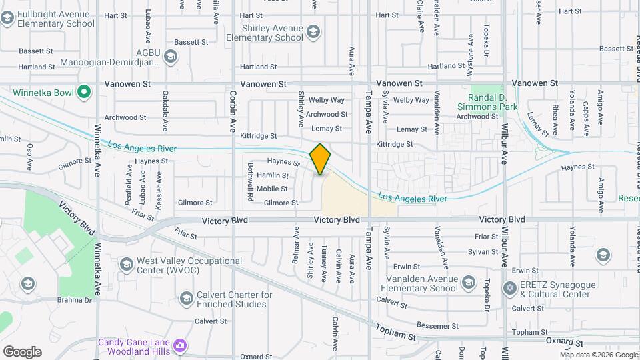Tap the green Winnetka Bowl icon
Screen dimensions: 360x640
pos(84,92)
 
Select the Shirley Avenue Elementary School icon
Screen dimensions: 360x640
pos(313,31)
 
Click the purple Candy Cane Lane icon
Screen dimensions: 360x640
pos(179,345)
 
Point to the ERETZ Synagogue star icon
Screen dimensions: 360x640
pos(511,289)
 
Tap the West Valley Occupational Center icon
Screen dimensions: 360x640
pos(126,265)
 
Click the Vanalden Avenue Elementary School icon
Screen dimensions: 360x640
pos(468,283)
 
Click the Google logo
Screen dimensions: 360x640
pos(22,351)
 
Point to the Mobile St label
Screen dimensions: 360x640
pos(272,189)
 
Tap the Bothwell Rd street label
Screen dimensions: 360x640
pos(250,183)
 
